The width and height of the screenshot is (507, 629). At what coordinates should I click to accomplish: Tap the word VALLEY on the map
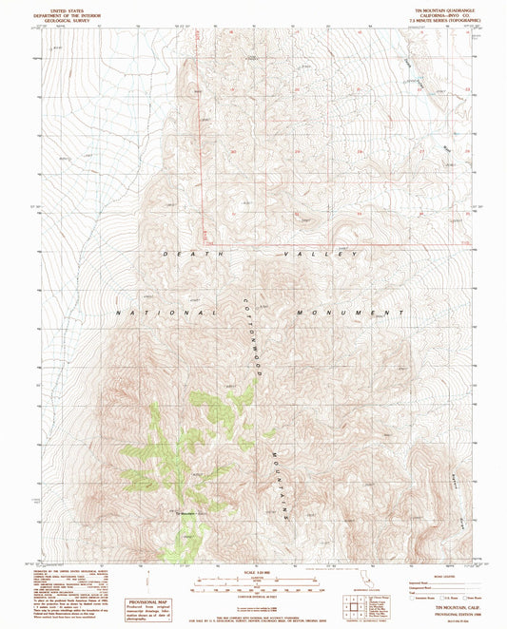point(320,255)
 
